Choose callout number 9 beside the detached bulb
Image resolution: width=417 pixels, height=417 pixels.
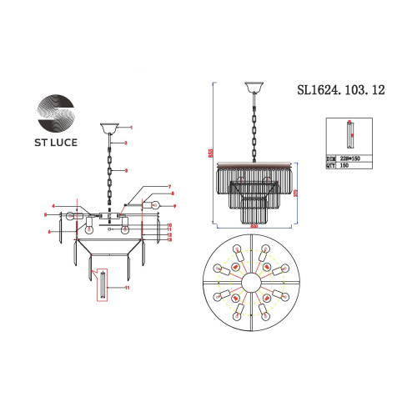click(173, 205)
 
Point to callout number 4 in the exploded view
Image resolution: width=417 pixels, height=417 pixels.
click(53, 206)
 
